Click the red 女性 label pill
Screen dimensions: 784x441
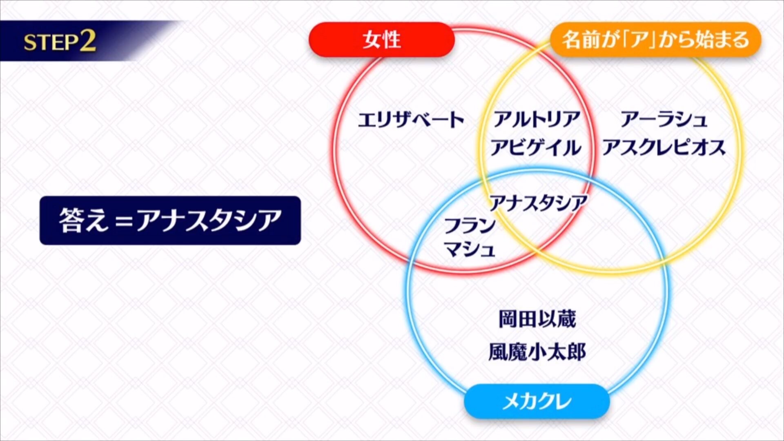point(382,40)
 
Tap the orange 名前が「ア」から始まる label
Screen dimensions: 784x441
point(656,40)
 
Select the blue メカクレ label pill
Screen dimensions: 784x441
point(537,401)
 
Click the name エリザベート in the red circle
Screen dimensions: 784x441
point(411,120)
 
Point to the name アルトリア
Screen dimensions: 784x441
point(537,119)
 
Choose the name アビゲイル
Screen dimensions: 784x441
point(536,147)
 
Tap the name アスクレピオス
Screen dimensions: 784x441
point(664,147)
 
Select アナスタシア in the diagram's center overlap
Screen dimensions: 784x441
point(538,203)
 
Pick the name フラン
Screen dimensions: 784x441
point(470,225)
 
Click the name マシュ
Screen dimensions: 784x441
point(470,249)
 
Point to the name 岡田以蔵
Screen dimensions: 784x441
point(537,319)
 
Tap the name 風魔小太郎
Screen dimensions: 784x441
point(537,352)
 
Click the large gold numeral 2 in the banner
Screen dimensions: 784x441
point(88,41)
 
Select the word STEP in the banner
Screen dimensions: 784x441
point(51,42)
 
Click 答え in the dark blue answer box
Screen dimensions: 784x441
point(84,220)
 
